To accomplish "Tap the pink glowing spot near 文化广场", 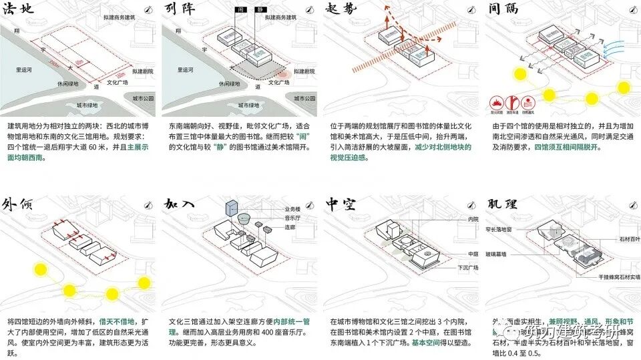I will (x=282, y=77).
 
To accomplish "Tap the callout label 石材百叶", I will (x=629, y=238).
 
